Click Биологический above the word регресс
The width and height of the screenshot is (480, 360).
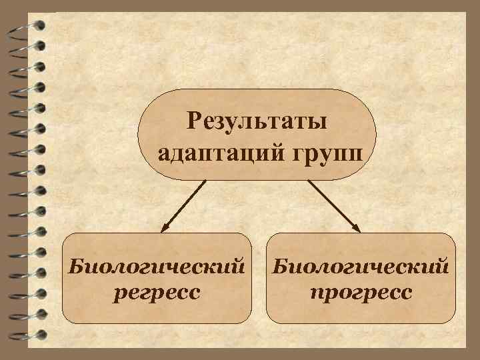click(157, 267)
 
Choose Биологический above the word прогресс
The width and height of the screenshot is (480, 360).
click(361, 267)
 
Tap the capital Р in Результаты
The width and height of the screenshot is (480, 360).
click(195, 121)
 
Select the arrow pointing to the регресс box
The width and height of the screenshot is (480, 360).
click(183, 205)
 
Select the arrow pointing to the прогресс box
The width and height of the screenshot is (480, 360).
click(333, 205)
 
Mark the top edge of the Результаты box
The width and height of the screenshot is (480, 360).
click(257, 89)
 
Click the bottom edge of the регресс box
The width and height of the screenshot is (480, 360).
click(157, 323)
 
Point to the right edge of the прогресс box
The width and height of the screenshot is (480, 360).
click(456, 278)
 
